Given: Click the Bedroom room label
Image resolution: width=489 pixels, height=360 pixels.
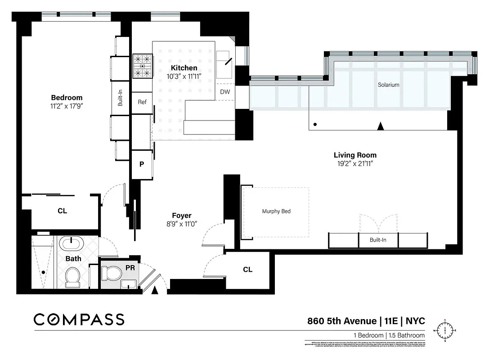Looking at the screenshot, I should (67, 98).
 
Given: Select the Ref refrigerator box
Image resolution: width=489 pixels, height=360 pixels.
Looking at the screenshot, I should (142, 102).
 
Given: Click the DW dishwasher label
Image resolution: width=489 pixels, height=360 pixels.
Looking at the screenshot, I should (225, 92).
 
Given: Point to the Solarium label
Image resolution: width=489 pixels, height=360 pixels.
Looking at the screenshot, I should (388, 85).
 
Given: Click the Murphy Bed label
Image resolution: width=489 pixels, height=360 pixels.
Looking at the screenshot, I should (276, 211).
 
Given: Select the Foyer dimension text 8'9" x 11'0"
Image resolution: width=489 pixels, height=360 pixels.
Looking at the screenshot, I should (181, 224).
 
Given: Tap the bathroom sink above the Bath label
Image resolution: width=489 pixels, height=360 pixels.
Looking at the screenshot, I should (72, 244).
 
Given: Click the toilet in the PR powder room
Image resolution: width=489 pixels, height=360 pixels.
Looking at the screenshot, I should (112, 272).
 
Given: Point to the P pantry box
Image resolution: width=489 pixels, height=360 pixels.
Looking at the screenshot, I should (142, 164).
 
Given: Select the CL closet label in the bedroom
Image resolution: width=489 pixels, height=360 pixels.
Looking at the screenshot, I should (62, 211).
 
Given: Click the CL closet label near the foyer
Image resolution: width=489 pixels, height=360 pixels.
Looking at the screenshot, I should (247, 270).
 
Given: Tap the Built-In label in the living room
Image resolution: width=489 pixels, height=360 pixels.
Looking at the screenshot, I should (378, 240).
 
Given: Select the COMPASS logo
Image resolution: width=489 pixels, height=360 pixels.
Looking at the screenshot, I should (79, 319).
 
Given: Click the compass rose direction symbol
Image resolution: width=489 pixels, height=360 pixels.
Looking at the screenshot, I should (445, 331).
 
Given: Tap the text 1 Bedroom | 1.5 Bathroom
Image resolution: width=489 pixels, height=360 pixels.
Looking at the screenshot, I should (389, 335).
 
